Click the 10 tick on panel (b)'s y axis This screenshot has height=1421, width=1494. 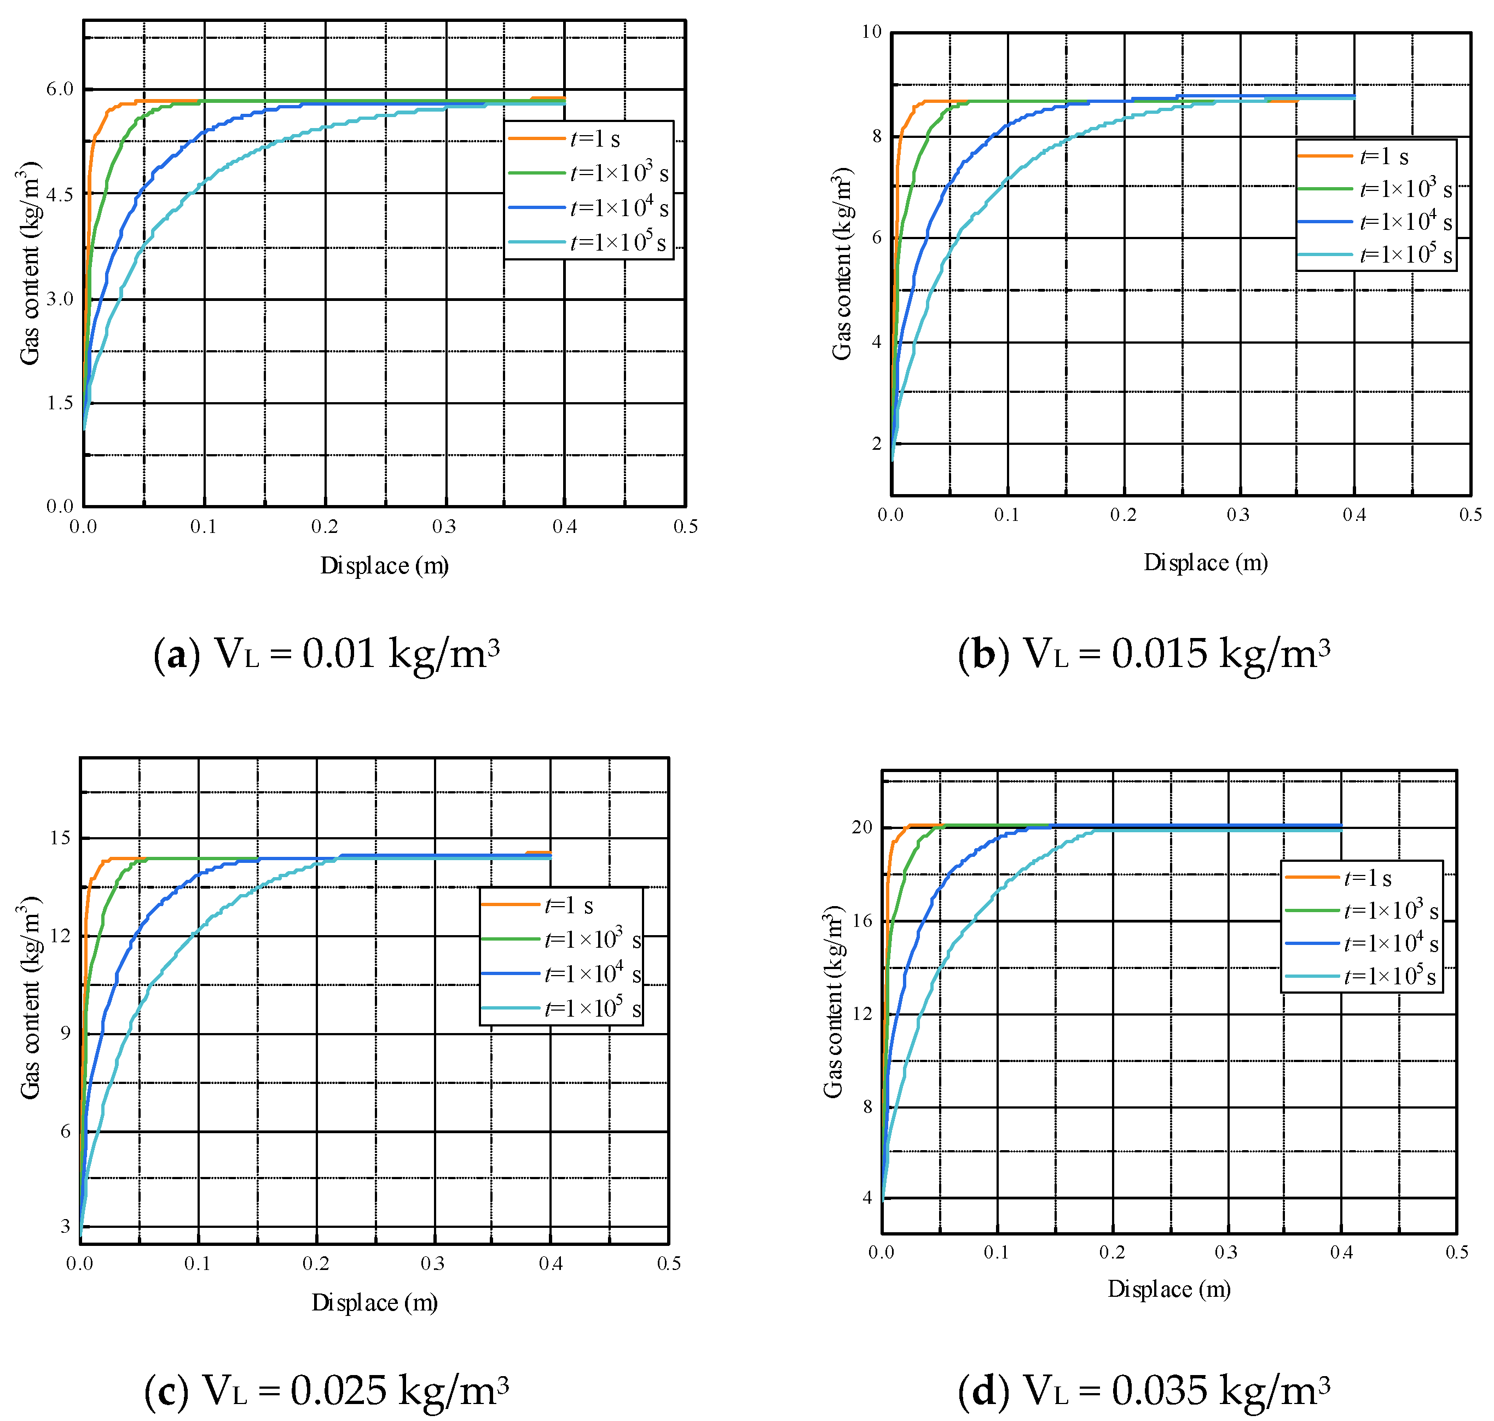coord(872,32)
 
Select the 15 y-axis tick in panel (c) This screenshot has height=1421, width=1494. coord(60,838)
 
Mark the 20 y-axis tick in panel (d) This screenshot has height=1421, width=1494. coord(862,827)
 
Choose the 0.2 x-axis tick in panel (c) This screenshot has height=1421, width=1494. coord(316,1263)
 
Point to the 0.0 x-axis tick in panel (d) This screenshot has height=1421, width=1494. coord(881,1252)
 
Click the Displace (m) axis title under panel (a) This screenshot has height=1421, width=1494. coord(384,565)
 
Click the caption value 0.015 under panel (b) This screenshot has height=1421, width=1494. coord(1159,652)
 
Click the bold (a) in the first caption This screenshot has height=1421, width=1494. coord(177,653)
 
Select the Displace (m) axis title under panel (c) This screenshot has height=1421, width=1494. coord(374,1302)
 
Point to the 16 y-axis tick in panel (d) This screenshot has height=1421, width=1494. coord(862,920)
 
